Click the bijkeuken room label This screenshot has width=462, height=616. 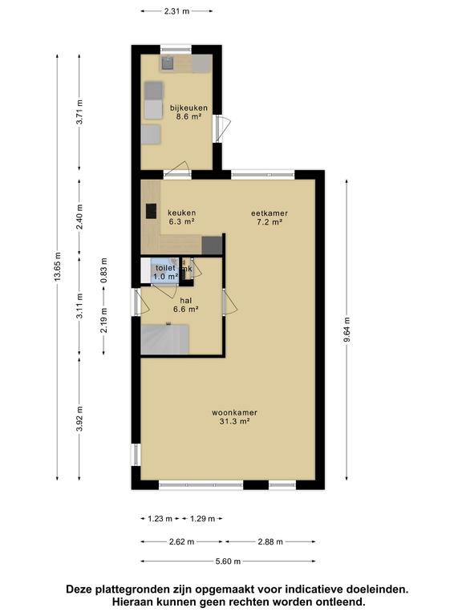coord(188,107)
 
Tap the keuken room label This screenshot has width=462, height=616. coord(181,213)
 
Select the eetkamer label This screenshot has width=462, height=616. coord(269,213)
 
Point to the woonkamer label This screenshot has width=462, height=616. coord(234,413)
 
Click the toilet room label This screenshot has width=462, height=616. coord(165,268)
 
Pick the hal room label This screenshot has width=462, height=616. coord(186,301)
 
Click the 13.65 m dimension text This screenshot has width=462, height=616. coord(58,267)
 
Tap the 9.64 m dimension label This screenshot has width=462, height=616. coord(346,329)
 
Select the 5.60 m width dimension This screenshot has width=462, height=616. coord(229,561)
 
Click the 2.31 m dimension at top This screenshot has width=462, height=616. coord(176,11)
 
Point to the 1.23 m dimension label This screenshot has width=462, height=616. coord(160,519)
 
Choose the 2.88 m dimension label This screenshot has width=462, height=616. coord(270,541)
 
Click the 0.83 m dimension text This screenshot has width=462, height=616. coord(103,270)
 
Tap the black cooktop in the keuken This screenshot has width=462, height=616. coord(151,211)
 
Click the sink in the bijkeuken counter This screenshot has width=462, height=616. coord(168,63)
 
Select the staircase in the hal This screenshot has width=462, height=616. coord(165,339)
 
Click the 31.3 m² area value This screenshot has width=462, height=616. coord(234,422)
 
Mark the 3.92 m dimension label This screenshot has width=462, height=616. coord(79,419)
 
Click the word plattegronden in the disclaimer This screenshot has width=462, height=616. coord(129,590)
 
